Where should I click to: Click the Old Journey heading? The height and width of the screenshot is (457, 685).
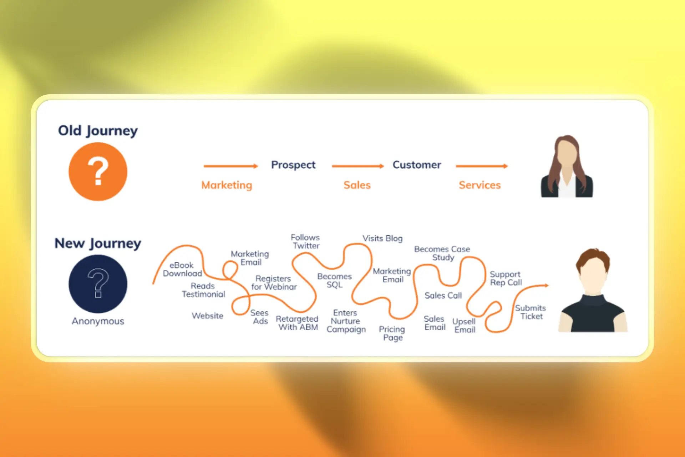click(98, 131)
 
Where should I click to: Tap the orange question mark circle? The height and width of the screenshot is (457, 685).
click(98, 172)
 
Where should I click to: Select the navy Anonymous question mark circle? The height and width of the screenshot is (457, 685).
click(98, 284)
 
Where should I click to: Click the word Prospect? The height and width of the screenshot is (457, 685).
click(293, 165)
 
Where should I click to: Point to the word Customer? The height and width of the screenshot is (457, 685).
click(417, 165)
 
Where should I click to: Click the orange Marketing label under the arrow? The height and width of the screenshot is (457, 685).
click(227, 185)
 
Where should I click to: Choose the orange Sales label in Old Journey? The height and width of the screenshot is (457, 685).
click(357, 185)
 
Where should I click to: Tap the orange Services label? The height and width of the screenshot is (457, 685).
click(479, 185)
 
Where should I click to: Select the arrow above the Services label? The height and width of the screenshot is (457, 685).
click(482, 166)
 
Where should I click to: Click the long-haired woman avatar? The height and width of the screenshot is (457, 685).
click(567, 167)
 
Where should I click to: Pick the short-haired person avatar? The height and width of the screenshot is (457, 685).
click(593, 291)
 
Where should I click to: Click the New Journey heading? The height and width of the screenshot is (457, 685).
click(98, 243)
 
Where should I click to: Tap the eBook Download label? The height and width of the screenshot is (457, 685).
click(182, 270)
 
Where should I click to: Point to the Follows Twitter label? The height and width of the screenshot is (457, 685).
click(305, 242)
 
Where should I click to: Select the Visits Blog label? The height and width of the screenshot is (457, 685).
click(382, 238)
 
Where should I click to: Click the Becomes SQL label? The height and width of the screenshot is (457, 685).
click(334, 281)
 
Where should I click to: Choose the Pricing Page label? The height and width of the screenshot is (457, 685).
click(392, 333)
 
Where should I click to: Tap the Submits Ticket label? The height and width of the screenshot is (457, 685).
click(531, 312)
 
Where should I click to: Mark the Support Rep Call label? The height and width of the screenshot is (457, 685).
click(506, 278)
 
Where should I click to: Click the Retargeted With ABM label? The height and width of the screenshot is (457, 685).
click(297, 323)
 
